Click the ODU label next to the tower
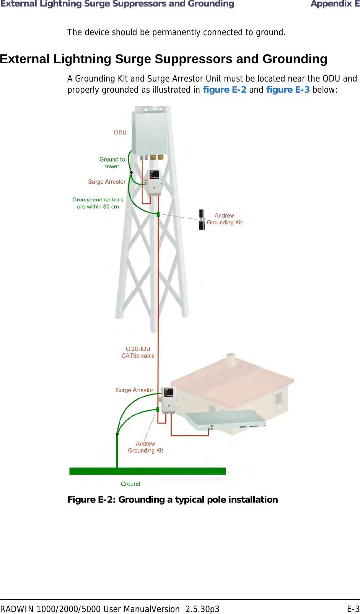click(120, 132)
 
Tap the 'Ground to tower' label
click(112, 163)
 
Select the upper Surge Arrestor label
click(107, 182)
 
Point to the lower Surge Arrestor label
click(134, 390)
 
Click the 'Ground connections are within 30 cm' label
click(98, 203)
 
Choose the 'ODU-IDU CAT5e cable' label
click(138, 352)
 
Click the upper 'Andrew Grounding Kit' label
click(225, 219)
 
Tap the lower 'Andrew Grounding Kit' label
click(145, 447)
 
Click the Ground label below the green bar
click(130, 484)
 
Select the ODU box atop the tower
click(150, 132)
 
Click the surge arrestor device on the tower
click(155, 182)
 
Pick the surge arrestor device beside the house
click(168, 400)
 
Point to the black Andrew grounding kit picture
click(201, 219)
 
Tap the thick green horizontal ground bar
click(147, 471)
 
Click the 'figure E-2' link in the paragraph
click(225, 90)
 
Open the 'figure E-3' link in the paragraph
click(288, 90)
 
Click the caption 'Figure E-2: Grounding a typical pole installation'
click(173, 500)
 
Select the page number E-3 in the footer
click(353, 609)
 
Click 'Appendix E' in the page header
click(335, 4)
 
